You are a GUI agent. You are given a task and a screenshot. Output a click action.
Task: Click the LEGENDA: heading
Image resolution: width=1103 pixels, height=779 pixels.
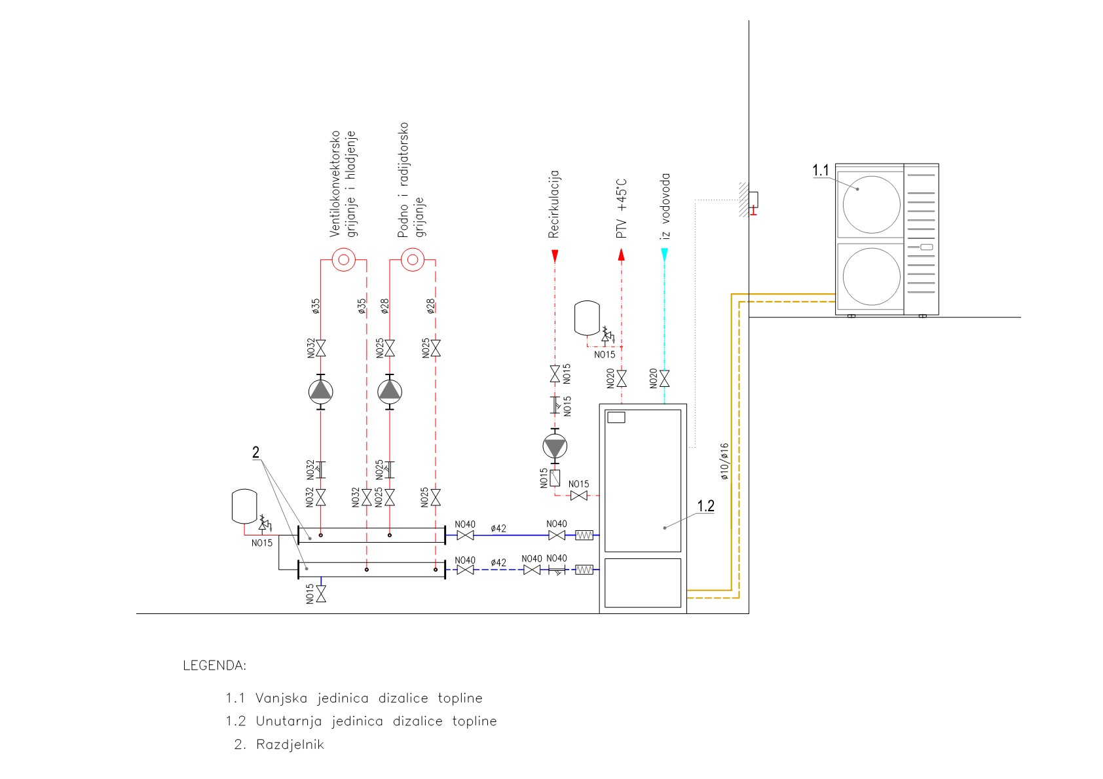pos(214,666)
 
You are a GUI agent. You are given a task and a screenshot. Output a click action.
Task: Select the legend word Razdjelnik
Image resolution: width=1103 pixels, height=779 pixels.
pos(290,744)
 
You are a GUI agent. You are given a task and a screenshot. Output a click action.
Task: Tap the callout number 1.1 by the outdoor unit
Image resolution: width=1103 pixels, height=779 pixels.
pos(821,170)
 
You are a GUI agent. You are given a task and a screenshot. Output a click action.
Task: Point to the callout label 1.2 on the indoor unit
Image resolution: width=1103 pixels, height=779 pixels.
pos(705,506)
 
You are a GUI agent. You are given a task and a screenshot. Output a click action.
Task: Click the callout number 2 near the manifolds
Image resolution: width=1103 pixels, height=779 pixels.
pos(255,452)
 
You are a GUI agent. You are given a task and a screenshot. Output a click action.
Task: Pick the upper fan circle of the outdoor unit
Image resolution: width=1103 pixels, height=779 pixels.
pos(871,204)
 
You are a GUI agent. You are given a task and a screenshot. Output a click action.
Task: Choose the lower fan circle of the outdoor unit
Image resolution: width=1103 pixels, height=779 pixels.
pos(871,276)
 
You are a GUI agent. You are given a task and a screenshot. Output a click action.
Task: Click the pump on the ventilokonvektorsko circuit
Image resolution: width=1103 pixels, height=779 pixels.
pos(321,391)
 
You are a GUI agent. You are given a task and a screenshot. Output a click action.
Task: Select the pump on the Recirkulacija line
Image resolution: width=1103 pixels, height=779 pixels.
pos(555,446)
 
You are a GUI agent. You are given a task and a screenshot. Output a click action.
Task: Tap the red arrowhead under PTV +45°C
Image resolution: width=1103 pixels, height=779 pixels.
pos(622,255)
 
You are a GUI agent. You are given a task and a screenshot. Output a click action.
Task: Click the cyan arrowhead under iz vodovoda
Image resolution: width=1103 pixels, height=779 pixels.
pos(664,255)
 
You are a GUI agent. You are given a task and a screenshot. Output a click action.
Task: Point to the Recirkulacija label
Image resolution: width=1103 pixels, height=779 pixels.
pos(554,204)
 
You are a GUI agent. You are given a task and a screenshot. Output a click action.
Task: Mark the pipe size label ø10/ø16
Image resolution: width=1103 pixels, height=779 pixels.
pos(724,462)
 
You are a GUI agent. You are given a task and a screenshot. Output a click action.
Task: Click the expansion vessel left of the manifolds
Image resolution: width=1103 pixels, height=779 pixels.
pos(244,505)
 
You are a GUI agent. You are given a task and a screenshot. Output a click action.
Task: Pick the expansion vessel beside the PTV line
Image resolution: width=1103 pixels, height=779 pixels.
pos(587,317)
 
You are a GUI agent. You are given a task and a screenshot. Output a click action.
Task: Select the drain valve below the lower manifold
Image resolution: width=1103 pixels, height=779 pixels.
pos(321,594)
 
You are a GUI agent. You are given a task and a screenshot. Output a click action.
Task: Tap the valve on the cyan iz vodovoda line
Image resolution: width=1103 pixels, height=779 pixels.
pos(664,378)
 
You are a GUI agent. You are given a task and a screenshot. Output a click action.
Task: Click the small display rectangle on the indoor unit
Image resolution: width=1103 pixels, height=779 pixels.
pos(616,417)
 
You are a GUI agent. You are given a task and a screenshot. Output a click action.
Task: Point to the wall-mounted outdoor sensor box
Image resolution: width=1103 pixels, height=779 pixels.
pos(753,198)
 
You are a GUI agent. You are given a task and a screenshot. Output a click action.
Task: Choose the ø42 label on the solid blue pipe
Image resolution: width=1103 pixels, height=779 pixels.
pos(498,528)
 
